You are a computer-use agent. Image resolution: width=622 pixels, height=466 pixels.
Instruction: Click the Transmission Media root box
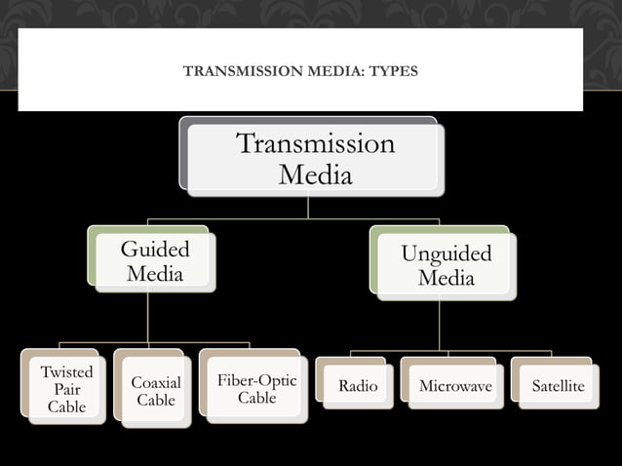(315, 159)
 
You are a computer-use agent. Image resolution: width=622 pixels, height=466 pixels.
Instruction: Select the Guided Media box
(154, 261)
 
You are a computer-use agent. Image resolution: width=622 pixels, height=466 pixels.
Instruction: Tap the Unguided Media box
(446, 266)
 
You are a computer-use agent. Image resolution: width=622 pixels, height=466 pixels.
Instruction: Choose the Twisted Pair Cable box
(66, 389)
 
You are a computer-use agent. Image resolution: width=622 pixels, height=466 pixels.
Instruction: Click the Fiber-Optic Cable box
(256, 389)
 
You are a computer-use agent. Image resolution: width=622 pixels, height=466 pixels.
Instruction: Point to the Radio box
(357, 386)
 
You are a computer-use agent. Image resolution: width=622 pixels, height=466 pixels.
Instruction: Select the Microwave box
(454, 386)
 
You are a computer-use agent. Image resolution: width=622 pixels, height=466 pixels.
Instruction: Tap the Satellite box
(558, 386)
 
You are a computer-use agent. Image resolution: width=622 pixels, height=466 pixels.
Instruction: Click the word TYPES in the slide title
(391, 70)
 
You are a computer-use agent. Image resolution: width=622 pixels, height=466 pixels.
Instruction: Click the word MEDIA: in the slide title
(327, 70)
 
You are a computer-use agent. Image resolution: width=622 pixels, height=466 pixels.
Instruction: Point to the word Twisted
(66, 372)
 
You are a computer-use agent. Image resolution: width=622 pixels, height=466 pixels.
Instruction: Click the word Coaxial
(155, 383)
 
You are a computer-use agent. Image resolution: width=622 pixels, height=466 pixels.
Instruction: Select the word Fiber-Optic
(256, 380)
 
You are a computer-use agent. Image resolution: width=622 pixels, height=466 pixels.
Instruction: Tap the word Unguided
(446, 254)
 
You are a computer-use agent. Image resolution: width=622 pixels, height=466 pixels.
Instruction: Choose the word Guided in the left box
(154, 250)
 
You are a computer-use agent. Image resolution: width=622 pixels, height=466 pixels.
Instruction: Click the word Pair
(66, 389)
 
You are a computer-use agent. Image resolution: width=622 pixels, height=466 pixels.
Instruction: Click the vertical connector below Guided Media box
(148, 317)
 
